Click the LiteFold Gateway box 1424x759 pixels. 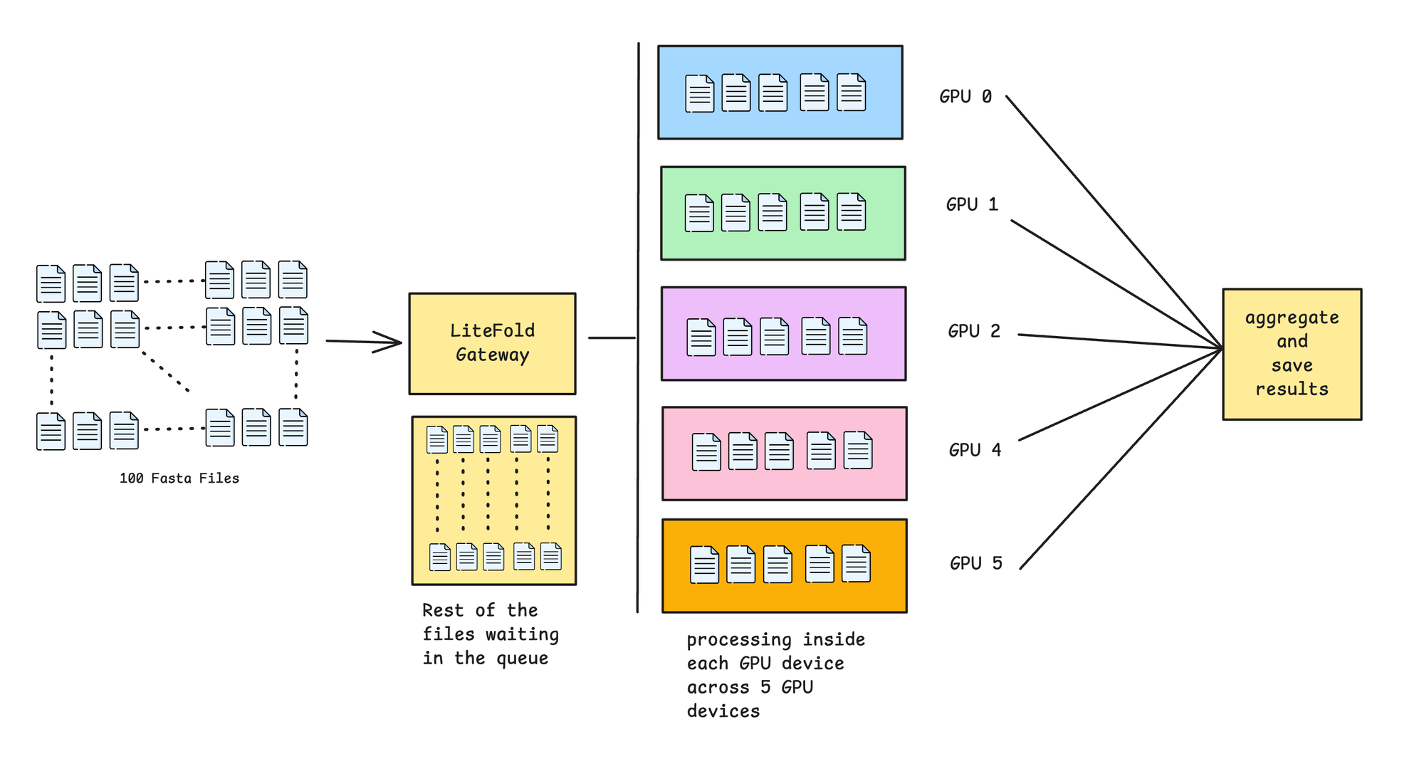(x=492, y=343)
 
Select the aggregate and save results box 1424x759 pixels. (x=1292, y=354)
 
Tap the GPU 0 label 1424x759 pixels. (x=965, y=97)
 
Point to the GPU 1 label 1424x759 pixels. (x=972, y=205)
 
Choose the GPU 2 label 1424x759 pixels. (x=973, y=331)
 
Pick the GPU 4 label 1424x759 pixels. (x=975, y=450)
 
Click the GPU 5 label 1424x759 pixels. (x=975, y=563)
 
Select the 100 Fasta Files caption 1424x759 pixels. (x=179, y=478)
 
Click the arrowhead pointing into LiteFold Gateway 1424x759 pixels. (x=392, y=342)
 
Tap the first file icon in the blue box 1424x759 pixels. (x=699, y=94)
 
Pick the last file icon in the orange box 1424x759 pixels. (x=856, y=563)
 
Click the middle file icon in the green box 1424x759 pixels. (x=773, y=212)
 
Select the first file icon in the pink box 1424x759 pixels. (x=706, y=452)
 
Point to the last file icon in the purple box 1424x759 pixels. (x=852, y=336)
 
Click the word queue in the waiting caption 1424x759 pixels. (x=522, y=659)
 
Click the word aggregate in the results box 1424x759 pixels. (x=1292, y=318)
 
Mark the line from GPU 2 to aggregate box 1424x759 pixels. (x=1118, y=341)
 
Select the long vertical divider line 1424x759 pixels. (x=638, y=214)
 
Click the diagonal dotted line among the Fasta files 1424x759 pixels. (x=165, y=371)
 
